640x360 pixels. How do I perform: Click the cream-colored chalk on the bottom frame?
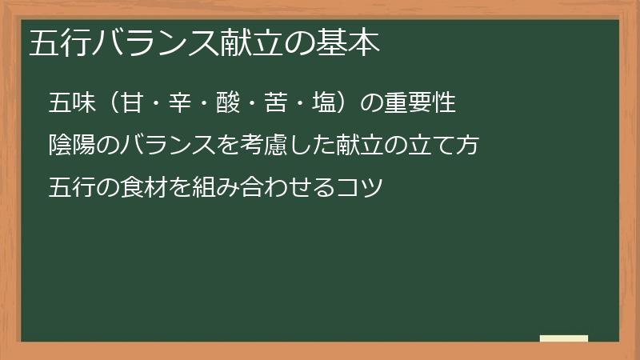coord(564,338)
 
